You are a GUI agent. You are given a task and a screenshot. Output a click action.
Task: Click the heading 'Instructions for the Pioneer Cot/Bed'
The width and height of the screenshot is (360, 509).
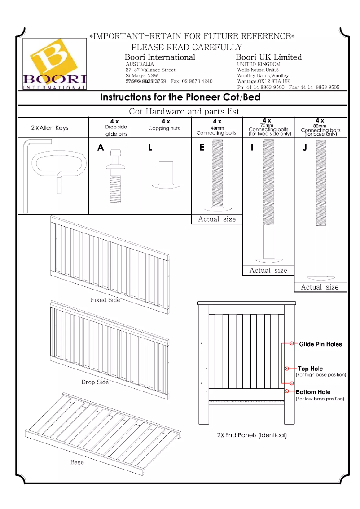(x=180, y=97)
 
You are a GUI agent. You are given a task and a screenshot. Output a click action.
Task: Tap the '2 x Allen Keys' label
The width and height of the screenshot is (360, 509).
(x=50, y=128)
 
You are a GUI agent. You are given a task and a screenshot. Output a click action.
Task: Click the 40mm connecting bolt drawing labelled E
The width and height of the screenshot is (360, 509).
(x=217, y=175)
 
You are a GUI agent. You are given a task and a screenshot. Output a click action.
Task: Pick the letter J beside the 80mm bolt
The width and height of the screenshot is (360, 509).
(x=305, y=148)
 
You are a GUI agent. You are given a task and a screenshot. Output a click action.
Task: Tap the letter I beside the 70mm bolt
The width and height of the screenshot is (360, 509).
(x=252, y=147)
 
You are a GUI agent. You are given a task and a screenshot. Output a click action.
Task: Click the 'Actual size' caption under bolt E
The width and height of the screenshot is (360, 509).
(x=216, y=219)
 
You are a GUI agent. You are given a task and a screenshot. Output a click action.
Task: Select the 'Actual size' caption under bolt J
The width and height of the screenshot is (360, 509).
(x=320, y=287)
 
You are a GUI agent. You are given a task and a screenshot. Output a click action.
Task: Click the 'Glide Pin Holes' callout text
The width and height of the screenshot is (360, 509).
(x=320, y=344)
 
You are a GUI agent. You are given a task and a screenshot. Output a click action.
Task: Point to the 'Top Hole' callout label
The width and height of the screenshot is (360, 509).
(x=310, y=369)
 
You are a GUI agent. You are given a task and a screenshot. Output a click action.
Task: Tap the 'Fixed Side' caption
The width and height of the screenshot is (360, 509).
(x=105, y=299)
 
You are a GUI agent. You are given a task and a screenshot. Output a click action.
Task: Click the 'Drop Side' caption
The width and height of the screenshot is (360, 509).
(x=95, y=382)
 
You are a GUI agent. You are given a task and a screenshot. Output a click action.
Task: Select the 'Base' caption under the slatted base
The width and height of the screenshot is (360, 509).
(x=77, y=462)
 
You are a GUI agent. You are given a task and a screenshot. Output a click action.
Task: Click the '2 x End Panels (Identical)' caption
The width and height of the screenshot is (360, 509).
(x=251, y=435)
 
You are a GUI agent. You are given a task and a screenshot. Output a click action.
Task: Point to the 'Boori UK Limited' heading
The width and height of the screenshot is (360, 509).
(x=268, y=57)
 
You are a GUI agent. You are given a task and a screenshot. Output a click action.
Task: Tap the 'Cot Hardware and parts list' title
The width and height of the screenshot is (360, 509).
(x=184, y=111)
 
